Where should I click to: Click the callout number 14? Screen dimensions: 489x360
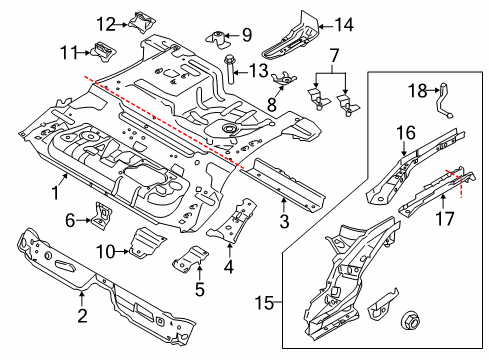pos(344,25)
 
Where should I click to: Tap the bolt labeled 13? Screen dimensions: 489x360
pos(230,69)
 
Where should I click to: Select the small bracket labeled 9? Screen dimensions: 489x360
pos(219,39)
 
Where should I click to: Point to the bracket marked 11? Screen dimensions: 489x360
pos(102,52)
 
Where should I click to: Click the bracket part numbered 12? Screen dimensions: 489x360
pos(141,22)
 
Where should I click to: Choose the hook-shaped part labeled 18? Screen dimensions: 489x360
pos(444,100)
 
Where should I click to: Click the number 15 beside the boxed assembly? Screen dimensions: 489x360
pos(265,303)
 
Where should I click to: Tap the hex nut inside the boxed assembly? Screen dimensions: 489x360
pos(409,321)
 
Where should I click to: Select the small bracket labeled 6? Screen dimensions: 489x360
pos(101,215)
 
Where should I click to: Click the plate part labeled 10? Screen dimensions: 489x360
pos(145,242)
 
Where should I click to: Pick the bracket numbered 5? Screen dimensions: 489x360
pos(190,260)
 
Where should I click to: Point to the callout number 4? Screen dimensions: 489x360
pos(229,267)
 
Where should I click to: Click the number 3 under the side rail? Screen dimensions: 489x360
pos(284,221)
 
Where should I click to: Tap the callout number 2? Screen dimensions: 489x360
pos(82,315)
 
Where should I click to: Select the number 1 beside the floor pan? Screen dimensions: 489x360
pos(56,192)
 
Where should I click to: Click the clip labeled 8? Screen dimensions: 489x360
pos(284,79)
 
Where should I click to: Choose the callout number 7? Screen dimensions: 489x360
pos(334,55)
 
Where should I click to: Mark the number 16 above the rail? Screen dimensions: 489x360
pos(406,133)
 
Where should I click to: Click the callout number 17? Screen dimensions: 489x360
pos(445,219)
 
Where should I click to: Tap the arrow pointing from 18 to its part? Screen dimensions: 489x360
pos(433,90)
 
